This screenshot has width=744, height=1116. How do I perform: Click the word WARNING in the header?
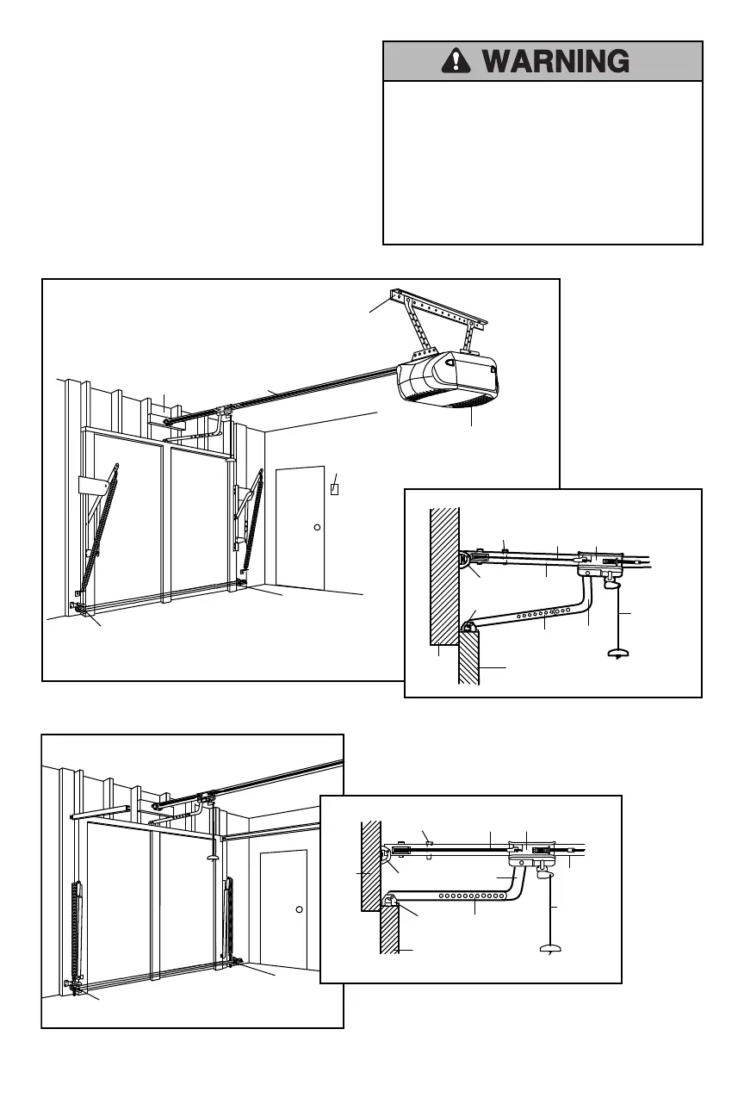pos(555,61)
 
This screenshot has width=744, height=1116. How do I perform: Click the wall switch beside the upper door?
pos(336,489)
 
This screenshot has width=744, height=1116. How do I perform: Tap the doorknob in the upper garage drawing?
pos(316,527)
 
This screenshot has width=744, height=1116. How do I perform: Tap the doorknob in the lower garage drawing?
pos(298,909)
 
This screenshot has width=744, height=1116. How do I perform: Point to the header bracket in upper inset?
pos(468,560)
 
